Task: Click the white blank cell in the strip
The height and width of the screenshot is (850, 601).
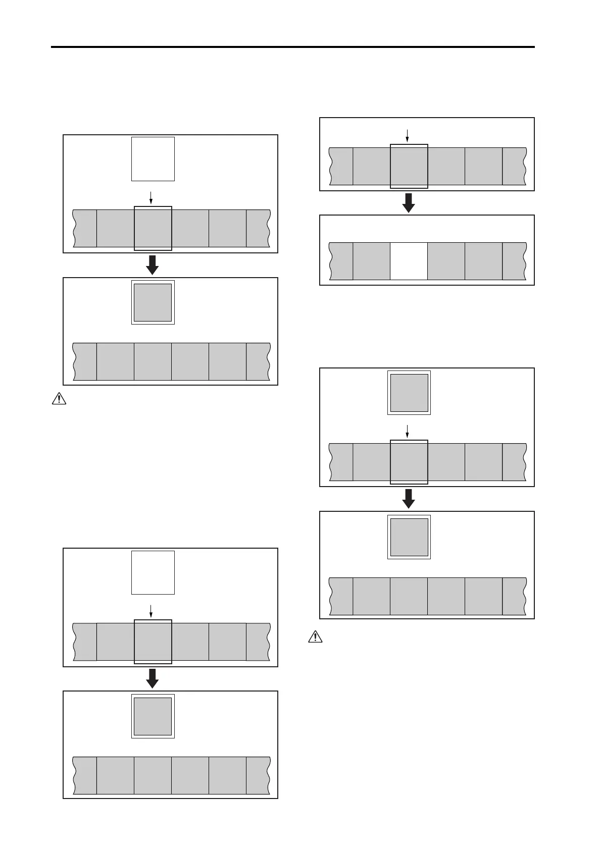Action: pyautogui.click(x=409, y=261)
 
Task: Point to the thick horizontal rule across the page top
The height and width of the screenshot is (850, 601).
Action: pyautogui.click(x=293, y=47)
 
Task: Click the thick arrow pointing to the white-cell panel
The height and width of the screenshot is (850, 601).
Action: pyautogui.click(x=409, y=202)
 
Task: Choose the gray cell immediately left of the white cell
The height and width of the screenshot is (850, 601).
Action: pyautogui.click(x=371, y=261)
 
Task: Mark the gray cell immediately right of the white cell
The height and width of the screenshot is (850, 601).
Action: pyautogui.click(x=446, y=261)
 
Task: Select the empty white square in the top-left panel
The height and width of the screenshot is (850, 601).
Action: pyautogui.click(x=153, y=158)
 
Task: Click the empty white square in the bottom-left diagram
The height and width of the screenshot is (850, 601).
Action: pyautogui.click(x=153, y=572)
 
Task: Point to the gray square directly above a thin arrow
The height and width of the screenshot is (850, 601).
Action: pyautogui.click(x=409, y=393)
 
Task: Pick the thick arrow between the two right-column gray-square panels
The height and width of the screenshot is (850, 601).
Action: pyautogui.click(x=409, y=498)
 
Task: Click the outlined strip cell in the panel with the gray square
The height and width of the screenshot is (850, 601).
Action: pyautogui.click(x=409, y=462)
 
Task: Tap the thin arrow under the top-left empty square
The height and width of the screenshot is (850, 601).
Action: pyautogui.click(x=151, y=197)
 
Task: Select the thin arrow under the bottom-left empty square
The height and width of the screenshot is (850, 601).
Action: pyautogui.click(x=151, y=611)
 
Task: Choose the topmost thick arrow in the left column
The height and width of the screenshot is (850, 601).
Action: pyautogui.click(x=152, y=264)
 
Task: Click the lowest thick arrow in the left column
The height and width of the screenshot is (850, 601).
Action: pyautogui.click(x=152, y=678)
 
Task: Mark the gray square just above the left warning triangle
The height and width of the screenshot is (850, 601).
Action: pyautogui.click(x=153, y=302)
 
